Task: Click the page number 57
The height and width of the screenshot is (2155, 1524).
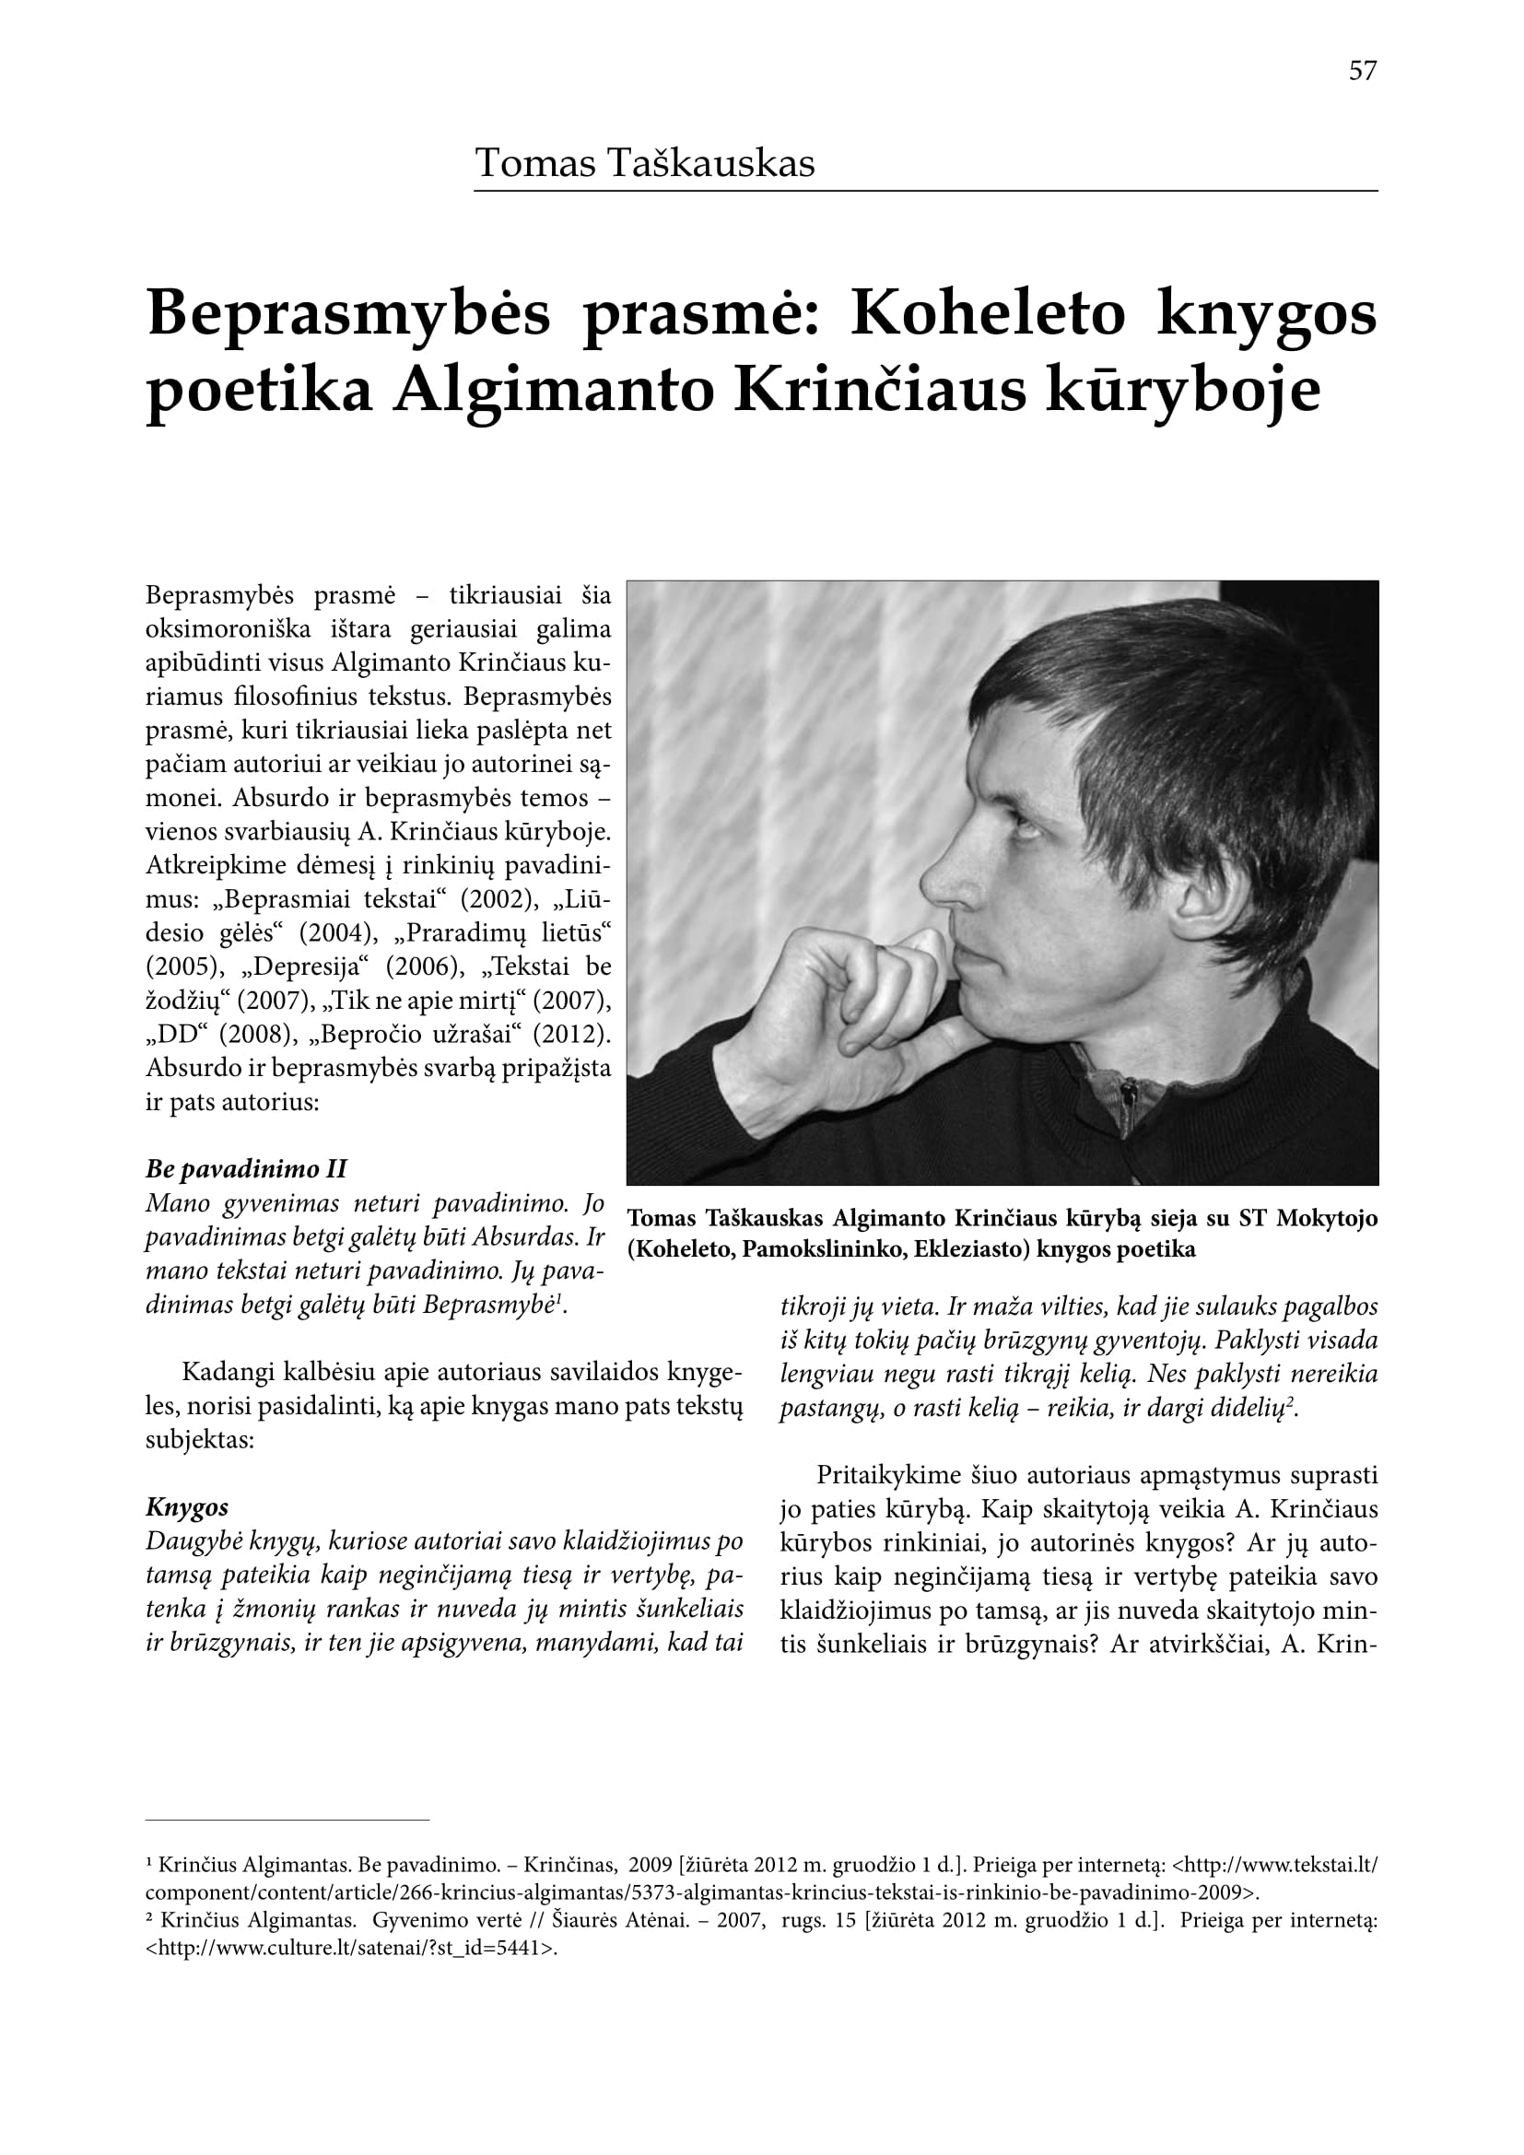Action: click(x=1362, y=71)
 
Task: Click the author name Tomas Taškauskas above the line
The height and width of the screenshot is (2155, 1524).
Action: click(x=645, y=163)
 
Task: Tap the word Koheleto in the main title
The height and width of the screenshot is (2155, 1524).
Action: click(x=987, y=313)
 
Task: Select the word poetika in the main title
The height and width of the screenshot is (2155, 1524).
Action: click(x=260, y=392)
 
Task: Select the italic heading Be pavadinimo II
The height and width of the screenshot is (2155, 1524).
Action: click(x=246, y=1169)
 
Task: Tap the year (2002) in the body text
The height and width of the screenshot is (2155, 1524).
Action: click(x=499, y=899)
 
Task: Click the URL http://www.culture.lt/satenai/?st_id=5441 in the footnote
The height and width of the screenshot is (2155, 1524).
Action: click(x=351, y=1949)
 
